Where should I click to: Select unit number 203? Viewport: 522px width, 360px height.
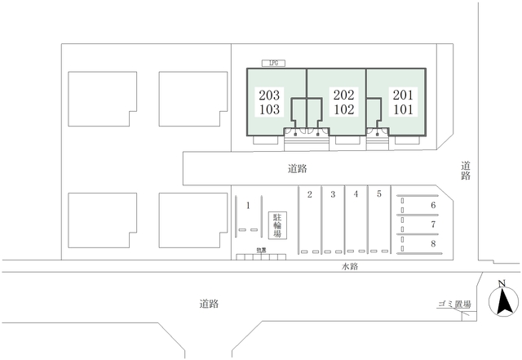point(268,94)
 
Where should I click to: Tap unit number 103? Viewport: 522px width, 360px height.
point(268,108)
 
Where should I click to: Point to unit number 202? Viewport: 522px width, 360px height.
point(343,94)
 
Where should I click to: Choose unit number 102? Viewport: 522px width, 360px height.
point(343,108)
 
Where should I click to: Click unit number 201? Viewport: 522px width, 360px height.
point(403,94)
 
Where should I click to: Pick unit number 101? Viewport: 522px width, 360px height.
point(403,108)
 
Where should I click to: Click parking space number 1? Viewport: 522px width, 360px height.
point(246,207)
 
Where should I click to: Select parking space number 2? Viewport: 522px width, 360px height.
point(310,194)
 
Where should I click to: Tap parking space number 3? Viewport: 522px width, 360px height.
point(333,194)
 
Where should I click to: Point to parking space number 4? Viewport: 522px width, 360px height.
point(356,194)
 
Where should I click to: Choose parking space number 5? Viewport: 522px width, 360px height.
point(379,194)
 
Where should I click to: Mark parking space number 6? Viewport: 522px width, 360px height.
point(433,206)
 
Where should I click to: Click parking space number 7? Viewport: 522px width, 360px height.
point(433,224)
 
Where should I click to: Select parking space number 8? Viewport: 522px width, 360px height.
point(433,242)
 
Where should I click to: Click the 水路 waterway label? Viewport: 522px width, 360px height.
point(352,267)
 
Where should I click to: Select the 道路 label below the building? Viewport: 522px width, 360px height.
point(297,170)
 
